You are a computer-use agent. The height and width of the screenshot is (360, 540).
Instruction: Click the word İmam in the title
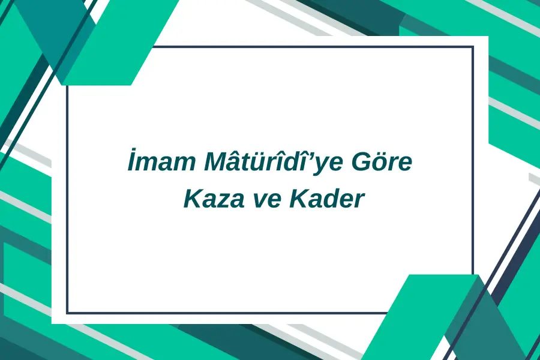(x=161, y=160)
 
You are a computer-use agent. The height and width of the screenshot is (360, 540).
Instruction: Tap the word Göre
(x=382, y=160)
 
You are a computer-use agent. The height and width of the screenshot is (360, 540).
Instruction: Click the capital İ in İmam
(x=131, y=160)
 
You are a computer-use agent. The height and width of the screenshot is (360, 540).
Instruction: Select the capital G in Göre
(x=361, y=162)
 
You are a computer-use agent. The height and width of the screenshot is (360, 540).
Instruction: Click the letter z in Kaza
(x=220, y=201)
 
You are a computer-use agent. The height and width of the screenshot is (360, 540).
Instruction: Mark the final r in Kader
(x=359, y=201)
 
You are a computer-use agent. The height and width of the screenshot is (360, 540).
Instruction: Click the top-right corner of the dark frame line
(x=473, y=47)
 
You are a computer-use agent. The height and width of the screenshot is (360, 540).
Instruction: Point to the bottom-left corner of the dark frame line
(x=67, y=313)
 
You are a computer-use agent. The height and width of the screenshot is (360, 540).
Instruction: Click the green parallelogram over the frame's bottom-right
(x=420, y=317)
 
